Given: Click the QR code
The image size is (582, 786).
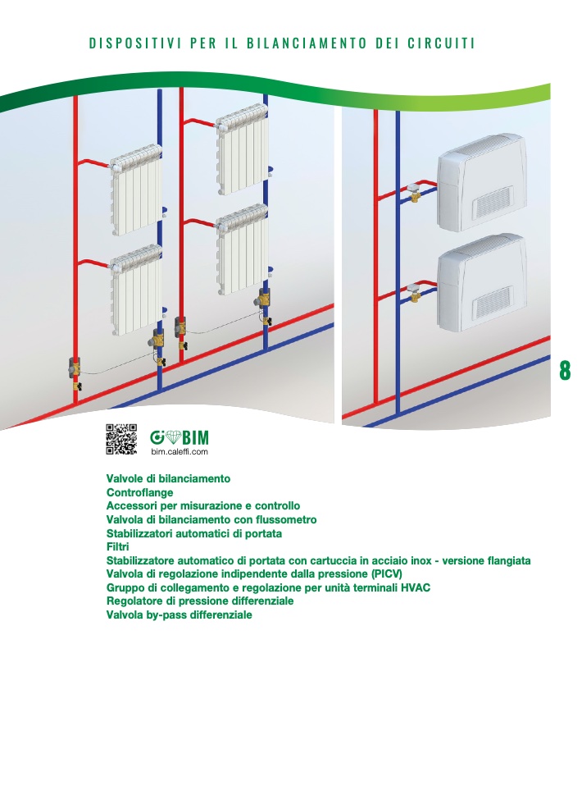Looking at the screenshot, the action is (x=121, y=439).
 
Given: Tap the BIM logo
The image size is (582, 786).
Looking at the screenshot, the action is (x=180, y=437).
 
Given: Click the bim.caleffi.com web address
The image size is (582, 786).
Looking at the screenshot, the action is (x=180, y=451).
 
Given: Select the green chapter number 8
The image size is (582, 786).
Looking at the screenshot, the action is (x=565, y=370).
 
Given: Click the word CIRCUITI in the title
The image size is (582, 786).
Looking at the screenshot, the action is (x=441, y=43).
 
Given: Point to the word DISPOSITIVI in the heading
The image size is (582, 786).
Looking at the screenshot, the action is (x=135, y=43).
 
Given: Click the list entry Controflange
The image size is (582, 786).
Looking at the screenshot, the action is (x=139, y=492).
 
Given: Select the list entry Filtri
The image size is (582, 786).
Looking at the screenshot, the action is (x=118, y=547).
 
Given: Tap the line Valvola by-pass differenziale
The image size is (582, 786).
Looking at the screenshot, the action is (x=180, y=615).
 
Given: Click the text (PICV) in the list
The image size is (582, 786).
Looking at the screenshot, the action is (x=387, y=574).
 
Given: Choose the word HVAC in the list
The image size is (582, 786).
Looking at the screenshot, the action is (x=416, y=587).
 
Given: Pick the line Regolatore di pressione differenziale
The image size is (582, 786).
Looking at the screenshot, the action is (x=200, y=601).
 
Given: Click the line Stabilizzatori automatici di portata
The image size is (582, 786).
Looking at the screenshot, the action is (x=193, y=533).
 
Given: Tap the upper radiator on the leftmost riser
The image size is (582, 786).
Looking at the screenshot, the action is (x=136, y=190).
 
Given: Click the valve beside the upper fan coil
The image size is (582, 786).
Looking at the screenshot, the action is (x=414, y=191).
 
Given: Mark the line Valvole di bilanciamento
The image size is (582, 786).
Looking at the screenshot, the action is (x=168, y=478).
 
